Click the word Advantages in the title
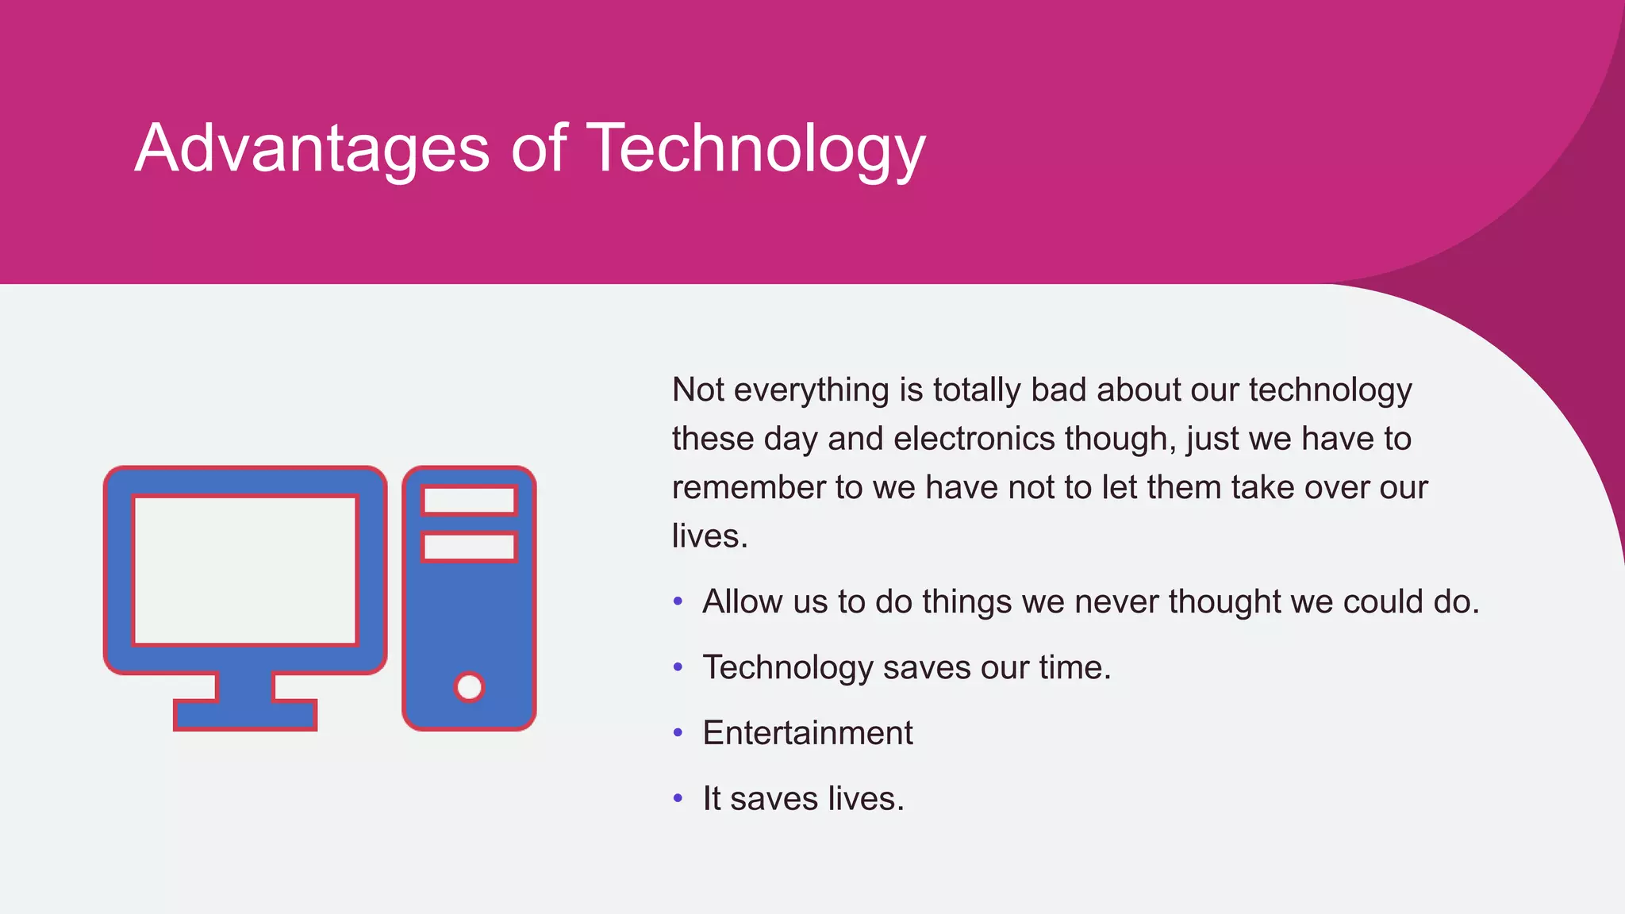click(313, 148)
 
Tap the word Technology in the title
click(755, 148)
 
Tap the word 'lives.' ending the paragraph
click(709, 536)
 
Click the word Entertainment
click(808, 733)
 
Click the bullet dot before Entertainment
click(678, 733)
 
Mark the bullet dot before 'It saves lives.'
click(678, 798)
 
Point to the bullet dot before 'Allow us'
click(678, 601)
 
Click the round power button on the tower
click(469, 687)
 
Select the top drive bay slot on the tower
click(469, 501)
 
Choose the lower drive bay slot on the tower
click(469, 547)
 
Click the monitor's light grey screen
click(245, 570)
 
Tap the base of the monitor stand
click(245, 715)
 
